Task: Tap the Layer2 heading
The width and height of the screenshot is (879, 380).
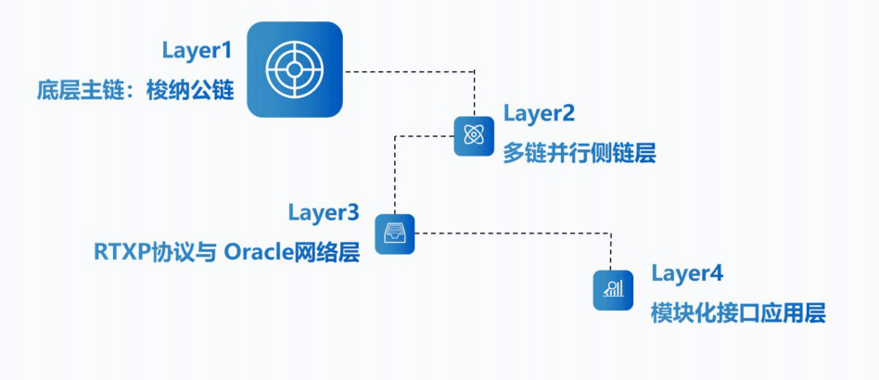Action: (540, 114)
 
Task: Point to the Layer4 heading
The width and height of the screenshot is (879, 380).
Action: (686, 273)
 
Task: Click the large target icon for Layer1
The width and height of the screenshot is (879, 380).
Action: (295, 70)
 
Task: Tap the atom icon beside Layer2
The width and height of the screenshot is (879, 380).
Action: (473, 135)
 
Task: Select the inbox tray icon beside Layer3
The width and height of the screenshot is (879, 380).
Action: (395, 234)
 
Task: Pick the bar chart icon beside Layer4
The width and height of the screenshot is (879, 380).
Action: (613, 290)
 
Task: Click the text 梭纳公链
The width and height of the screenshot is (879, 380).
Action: (190, 92)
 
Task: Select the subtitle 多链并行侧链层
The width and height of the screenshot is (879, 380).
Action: (580, 154)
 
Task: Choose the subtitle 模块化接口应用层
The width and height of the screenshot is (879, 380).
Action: (738, 313)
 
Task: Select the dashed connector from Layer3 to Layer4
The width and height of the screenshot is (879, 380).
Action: (519, 234)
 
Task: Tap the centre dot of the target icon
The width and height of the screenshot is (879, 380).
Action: (295, 70)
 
